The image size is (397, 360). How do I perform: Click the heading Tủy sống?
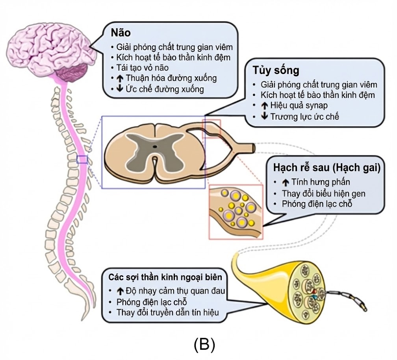point(275,71)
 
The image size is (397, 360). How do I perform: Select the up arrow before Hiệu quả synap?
point(265,105)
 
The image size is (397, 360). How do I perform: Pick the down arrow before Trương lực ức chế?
point(265,116)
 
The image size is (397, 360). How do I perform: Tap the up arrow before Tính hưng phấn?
point(286,182)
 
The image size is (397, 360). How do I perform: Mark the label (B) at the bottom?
point(204,345)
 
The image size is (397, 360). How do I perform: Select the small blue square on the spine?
point(82,159)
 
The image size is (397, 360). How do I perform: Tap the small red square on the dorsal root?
point(211,128)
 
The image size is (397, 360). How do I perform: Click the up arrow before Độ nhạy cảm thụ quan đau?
point(121,292)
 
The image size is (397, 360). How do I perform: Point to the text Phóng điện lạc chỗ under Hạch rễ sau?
point(317,204)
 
